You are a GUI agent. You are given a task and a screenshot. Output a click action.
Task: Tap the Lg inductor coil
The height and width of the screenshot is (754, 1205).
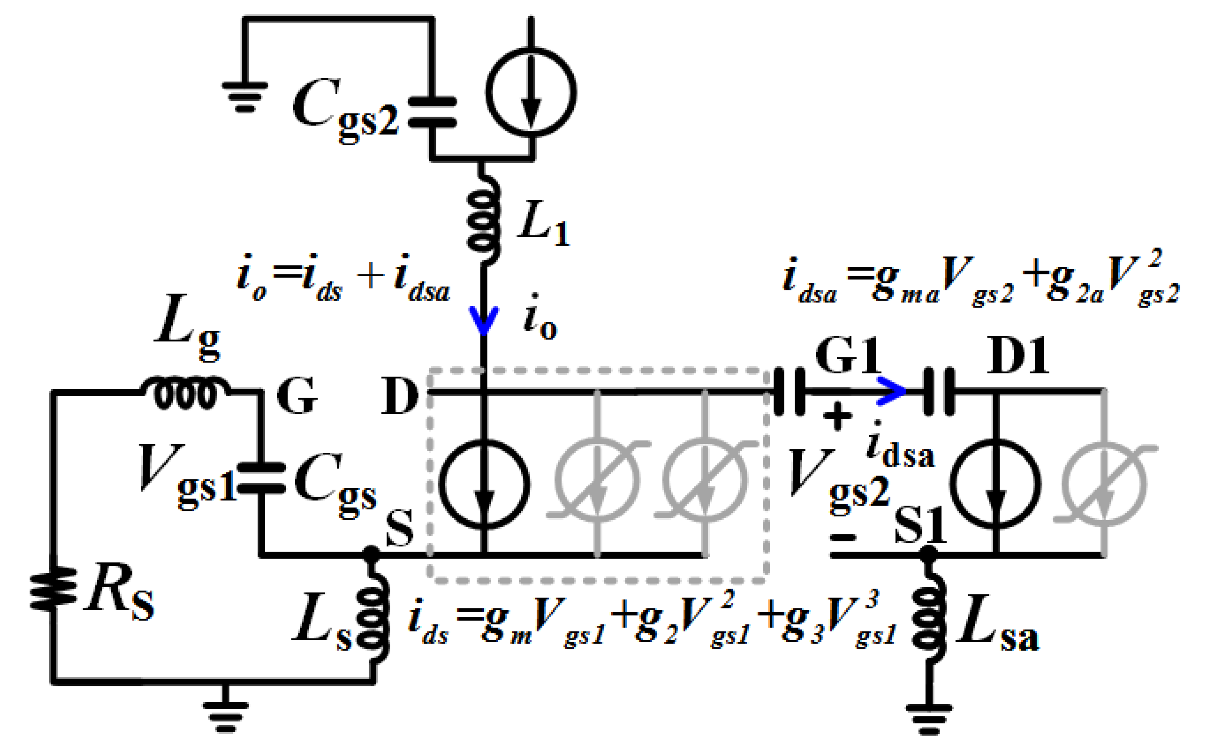click(x=185, y=394)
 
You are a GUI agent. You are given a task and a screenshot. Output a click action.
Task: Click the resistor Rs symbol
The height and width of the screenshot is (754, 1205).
click(x=53, y=589)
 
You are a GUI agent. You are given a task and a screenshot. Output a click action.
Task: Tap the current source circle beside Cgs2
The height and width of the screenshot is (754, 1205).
click(x=531, y=92)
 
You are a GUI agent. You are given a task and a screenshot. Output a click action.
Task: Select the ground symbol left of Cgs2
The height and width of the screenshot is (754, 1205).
click(x=245, y=97)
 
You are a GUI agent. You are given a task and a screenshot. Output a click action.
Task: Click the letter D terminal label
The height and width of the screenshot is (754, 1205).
click(x=399, y=396)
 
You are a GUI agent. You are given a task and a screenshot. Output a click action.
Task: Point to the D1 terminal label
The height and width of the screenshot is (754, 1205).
click(x=1018, y=356)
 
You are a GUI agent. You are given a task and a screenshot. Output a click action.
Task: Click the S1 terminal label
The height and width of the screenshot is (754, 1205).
click(x=920, y=527)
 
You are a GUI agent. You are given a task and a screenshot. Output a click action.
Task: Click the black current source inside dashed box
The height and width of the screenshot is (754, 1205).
click(x=483, y=484)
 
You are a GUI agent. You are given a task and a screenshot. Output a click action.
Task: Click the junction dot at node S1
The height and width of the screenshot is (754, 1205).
click(x=928, y=553)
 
